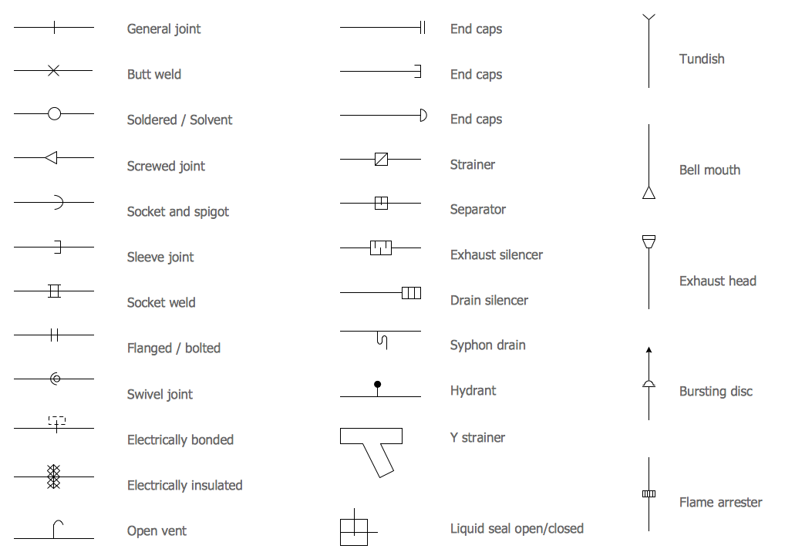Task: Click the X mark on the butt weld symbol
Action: (53, 71)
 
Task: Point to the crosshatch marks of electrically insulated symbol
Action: (53, 476)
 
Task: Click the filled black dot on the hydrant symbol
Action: (378, 384)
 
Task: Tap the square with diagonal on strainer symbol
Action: (381, 159)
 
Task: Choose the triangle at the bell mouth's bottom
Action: (649, 192)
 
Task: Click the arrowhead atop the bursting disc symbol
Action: (649, 350)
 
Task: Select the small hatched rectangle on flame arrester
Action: (649, 494)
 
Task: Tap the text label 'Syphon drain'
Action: (487, 345)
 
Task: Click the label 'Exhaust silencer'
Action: (496, 254)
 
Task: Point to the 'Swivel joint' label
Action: (160, 394)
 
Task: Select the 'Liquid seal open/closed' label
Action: (517, 529)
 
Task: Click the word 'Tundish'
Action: (702, 59)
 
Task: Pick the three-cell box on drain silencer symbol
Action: (412, 293)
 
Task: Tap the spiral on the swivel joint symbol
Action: (56, 379)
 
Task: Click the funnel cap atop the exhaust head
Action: (649, 241)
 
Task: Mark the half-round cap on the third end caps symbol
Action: (424, 115)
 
